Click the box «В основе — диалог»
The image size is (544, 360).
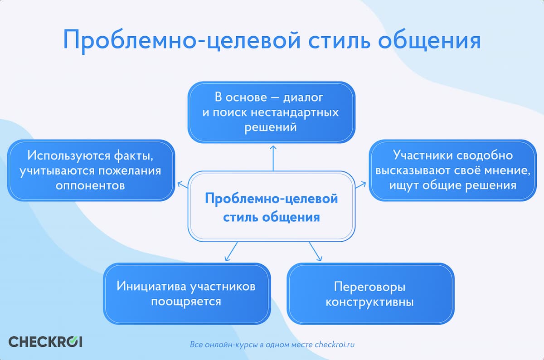pyautogui.click(x=271, y=112)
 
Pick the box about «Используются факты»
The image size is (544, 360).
pyautogui.click(x=91, y=170)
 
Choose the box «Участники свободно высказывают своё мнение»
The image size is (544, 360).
pyautogui.click(x=453, y=170)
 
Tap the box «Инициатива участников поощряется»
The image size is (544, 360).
pyautogui.click(x=187, y=294)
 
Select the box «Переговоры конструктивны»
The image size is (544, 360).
pyautogui.click(x=370, y=294)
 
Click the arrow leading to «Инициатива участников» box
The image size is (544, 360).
pyautogui.click(x=231, y=252)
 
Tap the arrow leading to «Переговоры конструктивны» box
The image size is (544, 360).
pyautogui.click(x=315, y=252)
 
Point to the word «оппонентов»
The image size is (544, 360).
pyautogui.click(x=90, y=185)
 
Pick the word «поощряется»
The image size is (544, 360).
pyautogui.click(x=186, y=302)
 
